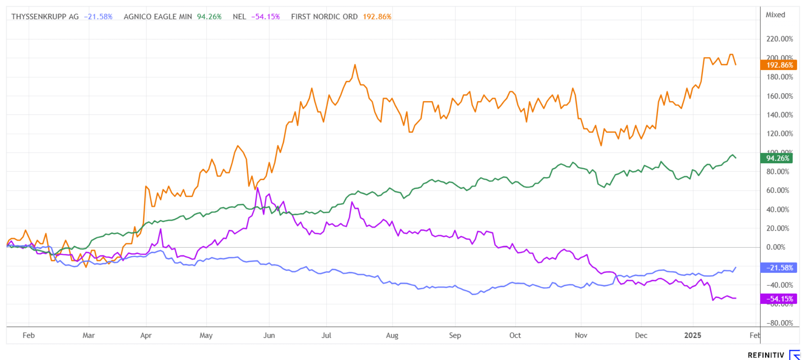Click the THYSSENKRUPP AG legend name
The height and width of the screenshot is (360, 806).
click(45, 17)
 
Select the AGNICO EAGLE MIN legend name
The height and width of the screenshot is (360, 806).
click(158, 17)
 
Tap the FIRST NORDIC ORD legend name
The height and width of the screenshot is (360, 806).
click(324, 17)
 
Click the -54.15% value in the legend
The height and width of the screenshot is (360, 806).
click(265, 17)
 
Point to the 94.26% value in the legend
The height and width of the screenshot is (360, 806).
click(209, 17)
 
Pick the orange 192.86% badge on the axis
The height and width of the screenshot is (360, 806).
click(779, 65)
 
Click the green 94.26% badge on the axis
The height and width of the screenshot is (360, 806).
click(777, 158)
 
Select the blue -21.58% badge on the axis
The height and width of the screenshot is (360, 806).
click(779, 268)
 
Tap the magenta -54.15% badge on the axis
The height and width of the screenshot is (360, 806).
click(779, 299)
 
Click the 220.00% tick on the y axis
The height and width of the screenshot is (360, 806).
click(780, 39)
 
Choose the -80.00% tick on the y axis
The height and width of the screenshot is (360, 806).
click(780, 323)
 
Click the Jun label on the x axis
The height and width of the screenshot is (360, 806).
click(269, 335)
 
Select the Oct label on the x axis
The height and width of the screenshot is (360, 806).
click(515, 335)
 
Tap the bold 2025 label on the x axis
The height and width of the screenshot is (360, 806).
click(693, 335)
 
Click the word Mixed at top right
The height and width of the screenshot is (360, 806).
click(775, 15)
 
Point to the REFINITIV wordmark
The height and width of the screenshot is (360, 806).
click(766, 355)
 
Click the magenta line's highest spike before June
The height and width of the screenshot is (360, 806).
click(257, 188)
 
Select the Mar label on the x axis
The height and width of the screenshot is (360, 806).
click(89, 335)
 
